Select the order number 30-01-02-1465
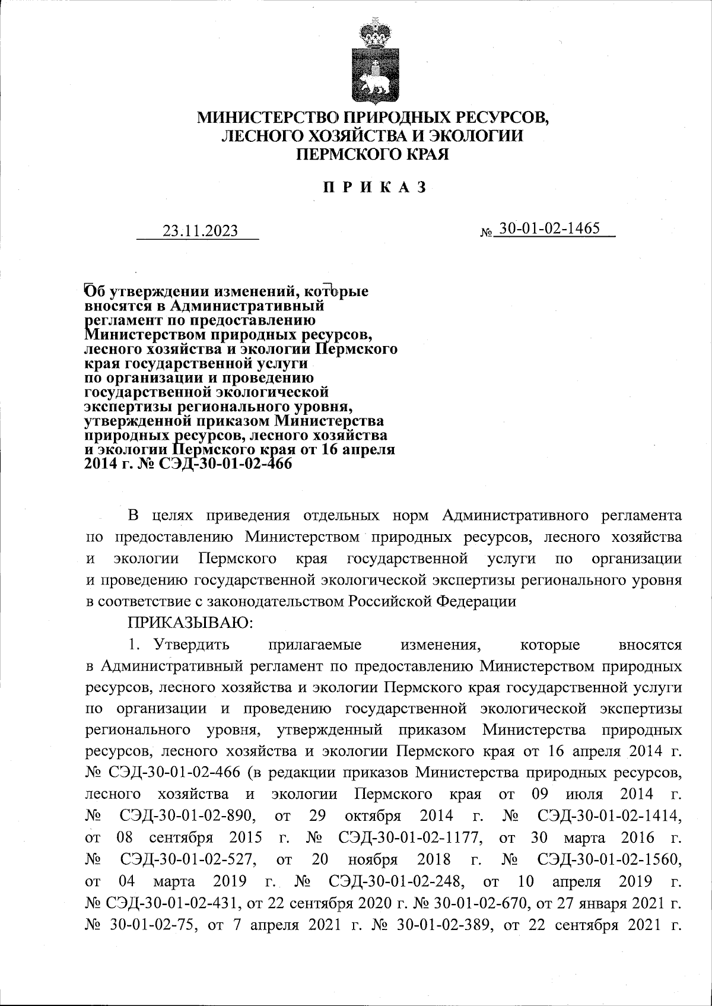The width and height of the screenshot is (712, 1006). click(x=549, y=229)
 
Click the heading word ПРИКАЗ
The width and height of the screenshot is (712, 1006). click(x=374, y=188)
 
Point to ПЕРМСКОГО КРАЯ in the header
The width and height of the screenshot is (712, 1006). click(x=373, y=155)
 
